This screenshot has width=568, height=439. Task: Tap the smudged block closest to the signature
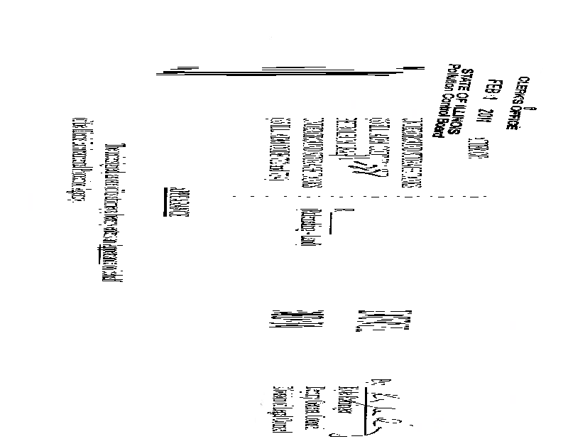370,319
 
